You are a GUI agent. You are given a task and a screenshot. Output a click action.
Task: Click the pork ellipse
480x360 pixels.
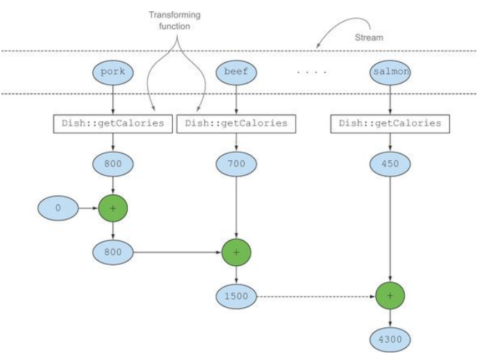pos(113,72)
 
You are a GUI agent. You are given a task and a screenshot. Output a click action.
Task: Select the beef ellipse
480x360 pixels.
pos(236,72)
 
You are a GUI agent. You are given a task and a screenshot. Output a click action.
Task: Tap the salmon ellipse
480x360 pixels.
pos(390,72)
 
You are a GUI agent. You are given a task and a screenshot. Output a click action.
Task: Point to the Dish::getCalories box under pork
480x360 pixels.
pos(113,124)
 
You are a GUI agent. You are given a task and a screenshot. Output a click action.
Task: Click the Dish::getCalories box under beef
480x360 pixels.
pos(236,124)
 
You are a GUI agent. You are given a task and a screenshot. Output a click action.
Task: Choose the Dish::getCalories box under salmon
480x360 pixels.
pos(390,124)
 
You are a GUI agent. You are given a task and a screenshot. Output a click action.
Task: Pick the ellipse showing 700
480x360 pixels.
pos(236,164)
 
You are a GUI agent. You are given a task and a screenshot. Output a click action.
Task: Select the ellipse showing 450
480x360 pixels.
pos(390,164)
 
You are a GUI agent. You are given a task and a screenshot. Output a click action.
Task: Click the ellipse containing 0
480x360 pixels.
pos(58,208)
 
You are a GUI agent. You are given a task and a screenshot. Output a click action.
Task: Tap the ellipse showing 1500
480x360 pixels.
pos(236,296)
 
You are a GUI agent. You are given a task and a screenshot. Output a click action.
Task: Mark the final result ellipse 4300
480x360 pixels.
pos(390,339)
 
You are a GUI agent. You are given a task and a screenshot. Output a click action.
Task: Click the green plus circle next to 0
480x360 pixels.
pos(113,208)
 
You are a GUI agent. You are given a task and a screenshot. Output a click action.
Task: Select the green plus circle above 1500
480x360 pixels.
pos(236,252)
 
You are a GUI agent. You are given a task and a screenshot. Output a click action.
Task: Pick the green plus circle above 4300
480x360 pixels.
pos(390,296)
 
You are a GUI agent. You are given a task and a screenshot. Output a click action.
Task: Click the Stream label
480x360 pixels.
pos(369,38)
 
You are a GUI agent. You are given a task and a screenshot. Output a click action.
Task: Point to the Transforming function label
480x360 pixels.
pos(175,21)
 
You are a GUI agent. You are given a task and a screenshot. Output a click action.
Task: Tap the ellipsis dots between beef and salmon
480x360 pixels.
pos(312,72)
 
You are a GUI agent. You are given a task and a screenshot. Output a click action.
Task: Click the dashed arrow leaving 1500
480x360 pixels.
pos(316,297)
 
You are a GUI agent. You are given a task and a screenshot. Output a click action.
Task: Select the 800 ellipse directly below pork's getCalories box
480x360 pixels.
pos(113,164)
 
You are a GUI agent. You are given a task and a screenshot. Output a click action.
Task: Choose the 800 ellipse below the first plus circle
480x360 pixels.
pos(113,252)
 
